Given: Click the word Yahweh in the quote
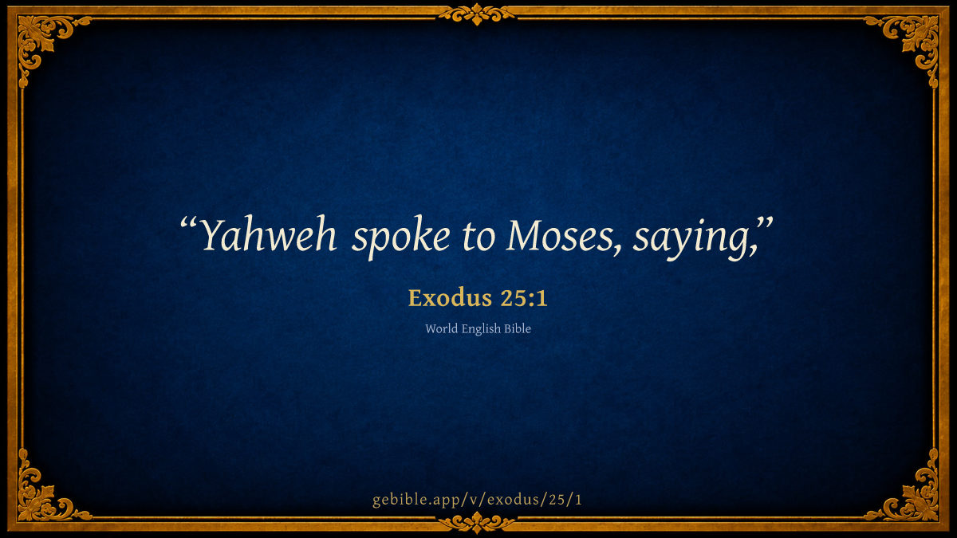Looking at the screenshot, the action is coord(268,235).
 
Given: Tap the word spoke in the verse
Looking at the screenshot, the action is coord(400,238).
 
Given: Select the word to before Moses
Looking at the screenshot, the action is coord(478,238).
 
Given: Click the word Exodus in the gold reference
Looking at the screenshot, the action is coord(444,297).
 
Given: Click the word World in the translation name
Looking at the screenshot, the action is coord(441,328).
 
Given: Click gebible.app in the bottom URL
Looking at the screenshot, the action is coord(418,500).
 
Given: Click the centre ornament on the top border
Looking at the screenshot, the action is coord(477,14).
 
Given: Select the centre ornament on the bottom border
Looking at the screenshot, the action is coord(477,523).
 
